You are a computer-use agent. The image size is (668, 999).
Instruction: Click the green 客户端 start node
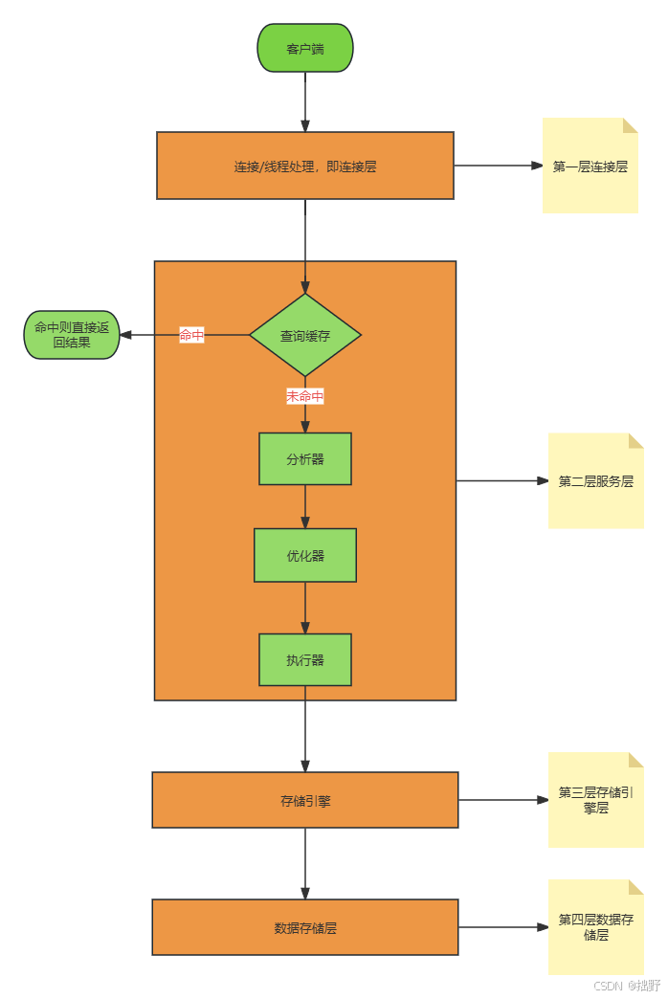(305, 48)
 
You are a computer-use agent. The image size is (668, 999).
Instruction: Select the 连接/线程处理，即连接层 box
(305, 166)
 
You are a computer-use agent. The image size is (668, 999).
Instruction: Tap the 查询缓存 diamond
(305, 335)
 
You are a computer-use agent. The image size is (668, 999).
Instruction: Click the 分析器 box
(305, 459)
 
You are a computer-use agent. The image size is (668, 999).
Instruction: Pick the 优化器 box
(305, 555)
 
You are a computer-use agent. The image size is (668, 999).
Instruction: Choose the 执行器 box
(305, 660)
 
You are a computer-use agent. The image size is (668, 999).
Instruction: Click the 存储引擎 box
(305, 800)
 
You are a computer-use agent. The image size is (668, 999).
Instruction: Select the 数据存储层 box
(305, 927)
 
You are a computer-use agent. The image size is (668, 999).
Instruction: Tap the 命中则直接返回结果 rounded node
(72, 335)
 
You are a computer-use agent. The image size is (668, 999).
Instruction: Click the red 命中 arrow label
(191, 335)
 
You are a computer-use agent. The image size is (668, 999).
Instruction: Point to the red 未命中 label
(305, 396)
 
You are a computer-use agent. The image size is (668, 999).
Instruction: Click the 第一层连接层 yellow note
(590, 166)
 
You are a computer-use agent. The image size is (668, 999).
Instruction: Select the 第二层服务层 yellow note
(596, 480)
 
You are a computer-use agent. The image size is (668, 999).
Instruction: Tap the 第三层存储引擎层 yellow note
(596, 800)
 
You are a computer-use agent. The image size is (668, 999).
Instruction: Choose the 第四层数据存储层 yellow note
(596, 927)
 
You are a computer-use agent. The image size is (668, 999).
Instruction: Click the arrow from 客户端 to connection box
(305, 101)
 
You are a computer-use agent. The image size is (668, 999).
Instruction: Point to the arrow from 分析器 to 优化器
(305, 507)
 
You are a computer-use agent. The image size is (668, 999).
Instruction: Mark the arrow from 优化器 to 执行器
(305, 608)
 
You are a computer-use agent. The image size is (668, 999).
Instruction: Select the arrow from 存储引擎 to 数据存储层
(305, 863)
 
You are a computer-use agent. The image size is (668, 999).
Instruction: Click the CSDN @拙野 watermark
(626, 985)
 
